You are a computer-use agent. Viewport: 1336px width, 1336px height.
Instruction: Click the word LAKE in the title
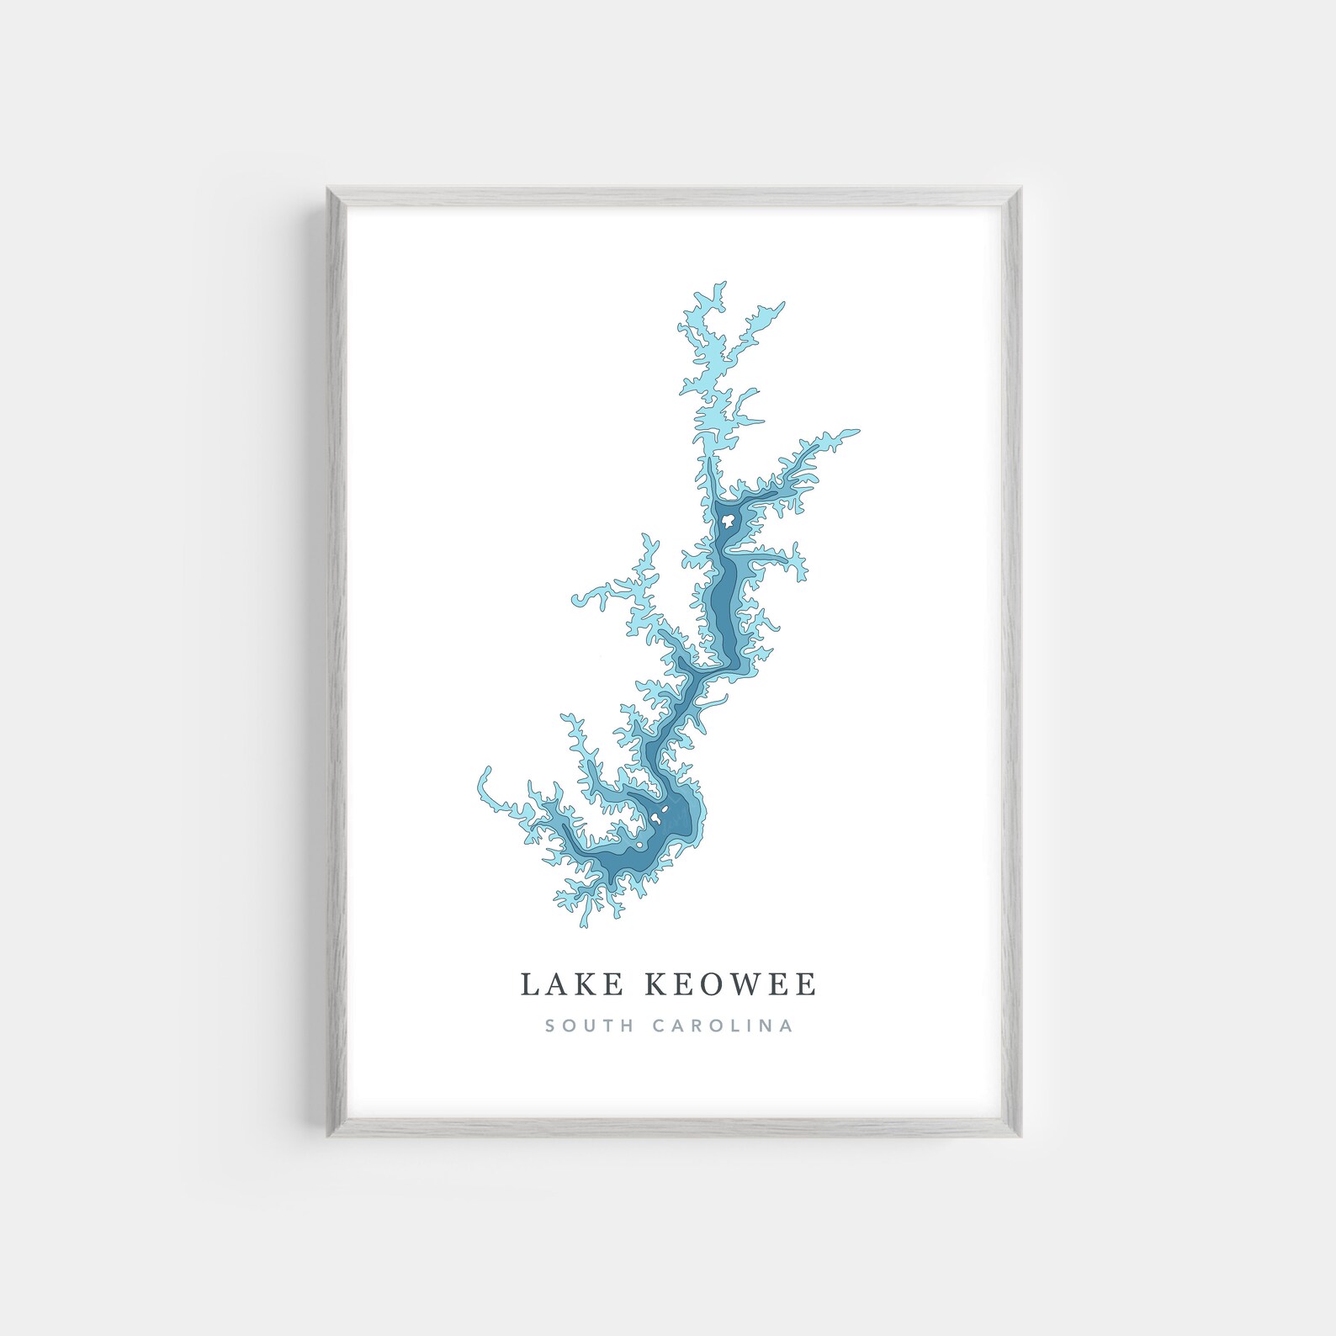point(572,983)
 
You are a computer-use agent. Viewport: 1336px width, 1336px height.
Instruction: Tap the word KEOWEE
point(730,983)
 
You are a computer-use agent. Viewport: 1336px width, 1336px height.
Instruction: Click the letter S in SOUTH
point(550,1026)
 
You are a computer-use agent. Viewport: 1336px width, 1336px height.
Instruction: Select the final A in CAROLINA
point(786,1026)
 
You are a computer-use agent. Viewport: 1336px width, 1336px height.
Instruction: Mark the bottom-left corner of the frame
point(329,1137)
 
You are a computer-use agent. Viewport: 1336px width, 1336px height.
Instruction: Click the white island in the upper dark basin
point(729,519)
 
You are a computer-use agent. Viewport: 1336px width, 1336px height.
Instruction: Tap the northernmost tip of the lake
point(722,284)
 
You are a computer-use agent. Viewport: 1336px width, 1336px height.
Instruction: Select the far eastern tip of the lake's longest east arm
point(859,433)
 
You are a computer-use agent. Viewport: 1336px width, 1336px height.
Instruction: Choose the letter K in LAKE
point(591,983)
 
